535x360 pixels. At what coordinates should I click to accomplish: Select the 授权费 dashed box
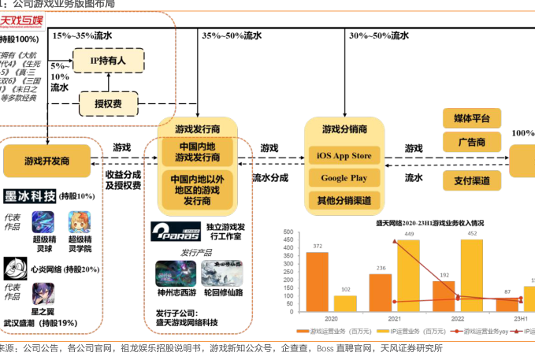point(108,103)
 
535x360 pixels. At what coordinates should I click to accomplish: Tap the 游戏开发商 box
point(47,160)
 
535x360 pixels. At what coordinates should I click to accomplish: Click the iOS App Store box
point(344,156)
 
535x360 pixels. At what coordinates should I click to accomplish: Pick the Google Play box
point(344,178)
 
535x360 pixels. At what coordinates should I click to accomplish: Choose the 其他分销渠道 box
point(344,200)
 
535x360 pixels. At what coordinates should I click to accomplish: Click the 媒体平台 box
point(472,119)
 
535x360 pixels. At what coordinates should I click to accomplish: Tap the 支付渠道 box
point(472,180)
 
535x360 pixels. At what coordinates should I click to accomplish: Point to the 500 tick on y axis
point(287,232)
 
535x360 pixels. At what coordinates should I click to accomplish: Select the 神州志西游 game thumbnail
point(176,273)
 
